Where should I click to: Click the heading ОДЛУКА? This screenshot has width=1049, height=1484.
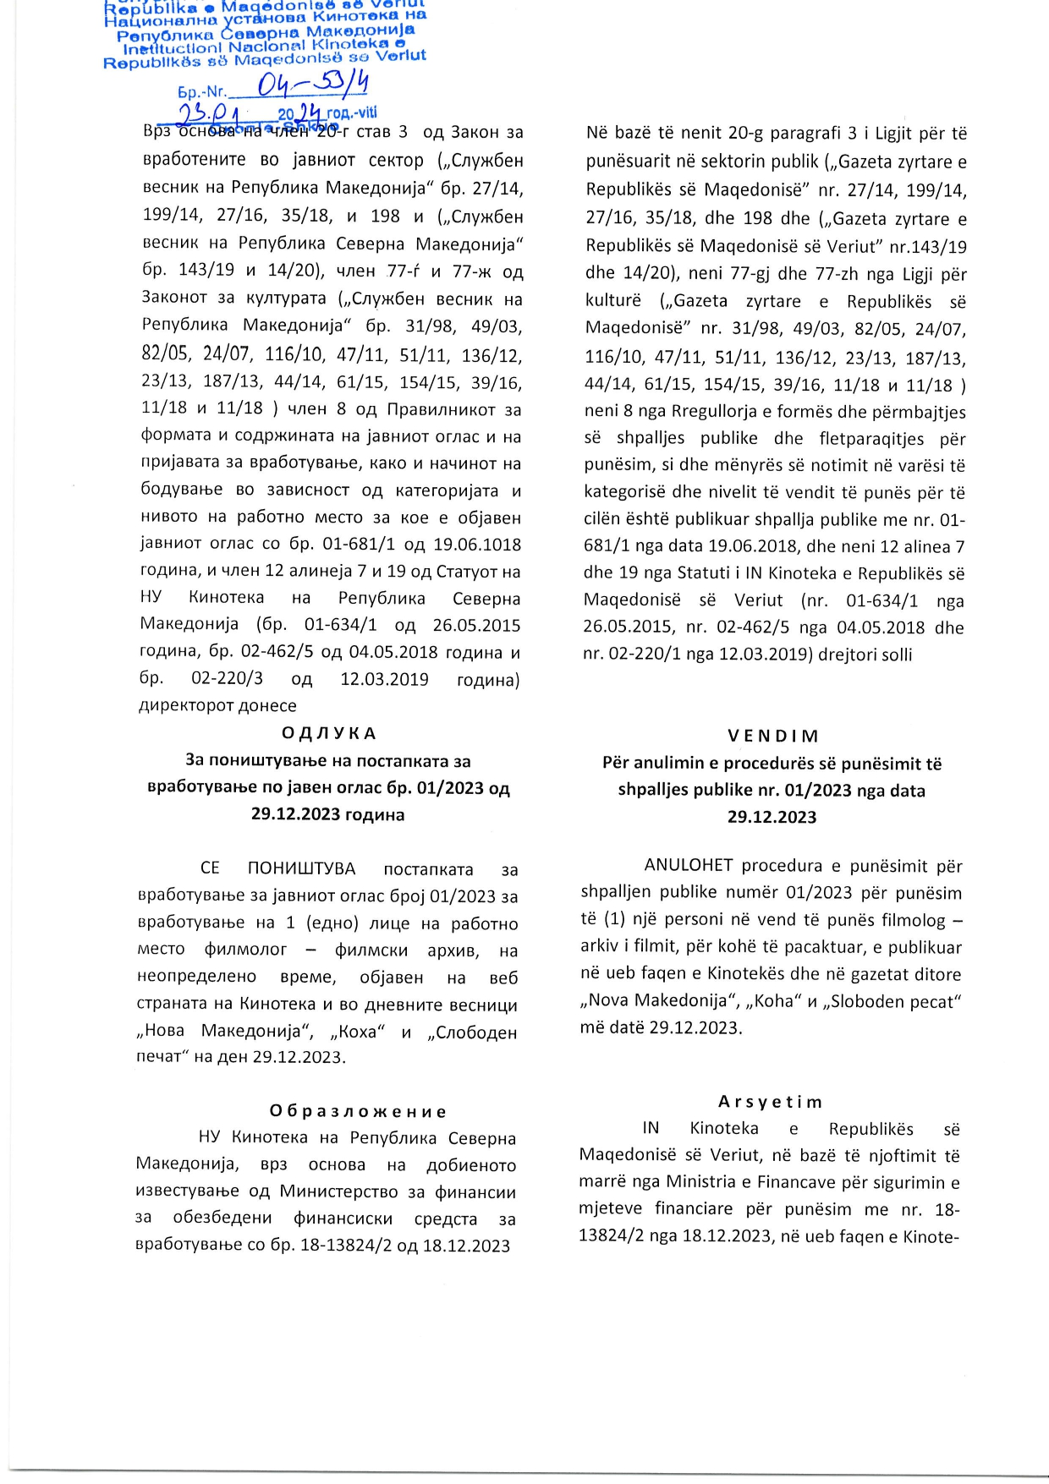point(328,733)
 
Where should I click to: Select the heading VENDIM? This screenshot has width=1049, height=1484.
point(772,736)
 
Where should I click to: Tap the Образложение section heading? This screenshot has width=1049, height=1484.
point(359,1111)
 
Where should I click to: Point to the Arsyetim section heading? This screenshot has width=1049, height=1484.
point(770,1102)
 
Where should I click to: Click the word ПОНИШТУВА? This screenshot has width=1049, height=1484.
point(301,869)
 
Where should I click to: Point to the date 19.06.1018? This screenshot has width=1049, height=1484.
point(477,545)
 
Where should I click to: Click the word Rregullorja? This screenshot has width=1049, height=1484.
point(717,412)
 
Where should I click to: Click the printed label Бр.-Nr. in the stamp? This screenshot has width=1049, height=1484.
point(201,92)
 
